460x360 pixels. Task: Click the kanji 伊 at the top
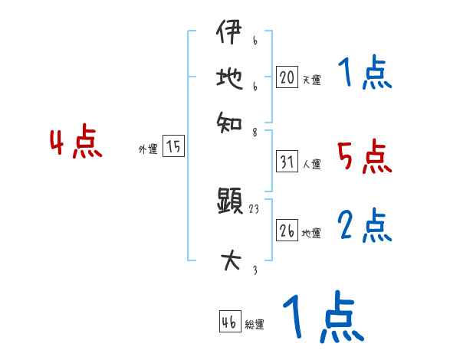point(229,34)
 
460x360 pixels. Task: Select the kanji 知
point(229,120)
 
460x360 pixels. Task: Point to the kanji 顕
point(230,202)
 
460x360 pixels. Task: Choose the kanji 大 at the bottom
point(230,261)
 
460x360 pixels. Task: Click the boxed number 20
point(287,77)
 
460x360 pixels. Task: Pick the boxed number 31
point(287,162)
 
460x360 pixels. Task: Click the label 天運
point(311,79)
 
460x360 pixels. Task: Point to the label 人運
point(311,164)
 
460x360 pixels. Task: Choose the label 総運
point(255,325)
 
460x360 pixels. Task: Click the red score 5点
point(364,158)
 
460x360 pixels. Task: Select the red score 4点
point(76,144)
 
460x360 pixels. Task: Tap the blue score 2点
point(365,227)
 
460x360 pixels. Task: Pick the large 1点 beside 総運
point(323,317)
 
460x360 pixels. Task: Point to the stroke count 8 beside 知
point(254,131)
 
